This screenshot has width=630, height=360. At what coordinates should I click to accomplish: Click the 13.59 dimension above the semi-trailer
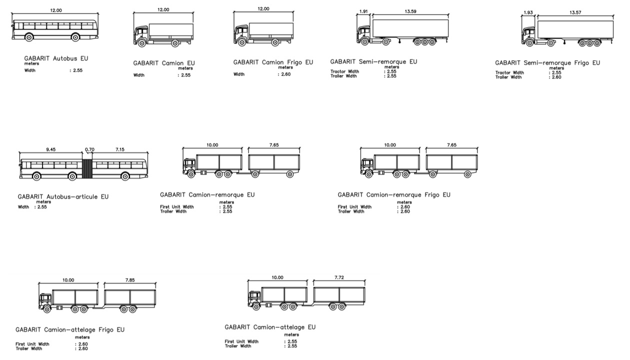coord(410,11)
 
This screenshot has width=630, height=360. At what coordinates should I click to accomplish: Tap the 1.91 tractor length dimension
coord(363,11)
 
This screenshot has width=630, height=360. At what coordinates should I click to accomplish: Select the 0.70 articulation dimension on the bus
coord(89,149)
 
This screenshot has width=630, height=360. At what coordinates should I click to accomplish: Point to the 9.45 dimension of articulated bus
coord(51,149)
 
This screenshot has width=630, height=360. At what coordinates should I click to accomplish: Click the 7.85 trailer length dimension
coord(130,280)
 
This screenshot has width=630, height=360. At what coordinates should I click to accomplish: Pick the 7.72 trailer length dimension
coord(339,277)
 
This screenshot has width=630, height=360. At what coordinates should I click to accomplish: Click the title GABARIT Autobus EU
coord(56,58)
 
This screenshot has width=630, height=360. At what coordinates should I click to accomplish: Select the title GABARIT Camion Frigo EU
coord(273,62)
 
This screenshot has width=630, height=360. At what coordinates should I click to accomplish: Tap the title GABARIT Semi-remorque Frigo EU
coord(547,63)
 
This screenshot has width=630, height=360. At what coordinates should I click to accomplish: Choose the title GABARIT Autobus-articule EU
coord(63,196)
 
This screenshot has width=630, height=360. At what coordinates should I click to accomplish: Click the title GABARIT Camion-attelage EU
coord(270,327)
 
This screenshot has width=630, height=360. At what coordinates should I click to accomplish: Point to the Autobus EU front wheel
coord(29,37)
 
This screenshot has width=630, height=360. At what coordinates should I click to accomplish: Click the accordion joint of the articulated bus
coord(87,169)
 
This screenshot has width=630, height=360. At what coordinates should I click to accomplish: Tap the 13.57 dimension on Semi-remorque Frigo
coord(575,12)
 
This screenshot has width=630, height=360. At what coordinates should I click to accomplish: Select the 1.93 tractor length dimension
coord(528,12)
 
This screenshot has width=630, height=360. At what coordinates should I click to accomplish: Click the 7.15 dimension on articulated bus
coord(120,149)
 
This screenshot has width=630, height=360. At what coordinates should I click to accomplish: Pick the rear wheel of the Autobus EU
coord(75,37)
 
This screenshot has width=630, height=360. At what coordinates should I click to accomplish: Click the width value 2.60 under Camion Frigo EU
coord(286,74)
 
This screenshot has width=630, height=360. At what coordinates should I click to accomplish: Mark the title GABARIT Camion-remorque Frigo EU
coord(394,195)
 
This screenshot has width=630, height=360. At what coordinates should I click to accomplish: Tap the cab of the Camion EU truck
coord(141,34)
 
